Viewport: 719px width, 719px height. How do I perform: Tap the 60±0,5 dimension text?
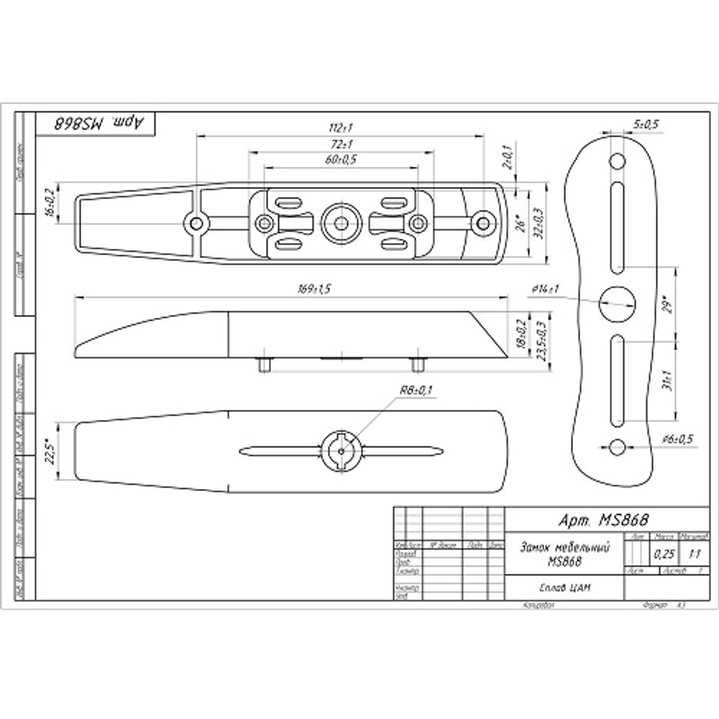pyautogui.click(x=341, y=160)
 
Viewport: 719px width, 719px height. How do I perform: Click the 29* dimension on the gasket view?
pyautogui.click(x=668, y=305)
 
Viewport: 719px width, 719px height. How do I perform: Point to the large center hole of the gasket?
pyautogui.click(x=617, y=303)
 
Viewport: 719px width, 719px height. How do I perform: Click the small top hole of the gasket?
pyautogui.click(x=617, y=160)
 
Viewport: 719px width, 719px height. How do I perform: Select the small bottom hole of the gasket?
pyautogui.click(x=616, y=447)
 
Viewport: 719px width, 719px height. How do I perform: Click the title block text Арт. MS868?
pyautogui.click(x=594, y=519)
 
